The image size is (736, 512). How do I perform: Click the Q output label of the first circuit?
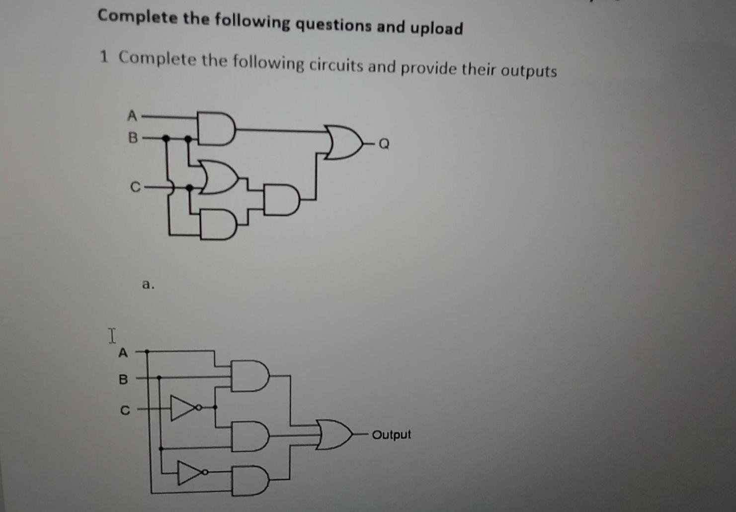[384, 144]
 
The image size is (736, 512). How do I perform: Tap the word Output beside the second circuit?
[392, 435]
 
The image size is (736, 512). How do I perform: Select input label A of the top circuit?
[132, 116]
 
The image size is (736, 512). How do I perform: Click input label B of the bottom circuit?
[123, 380]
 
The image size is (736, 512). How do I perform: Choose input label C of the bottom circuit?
[125, 411]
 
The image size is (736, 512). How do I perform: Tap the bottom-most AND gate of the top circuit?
[218, 225]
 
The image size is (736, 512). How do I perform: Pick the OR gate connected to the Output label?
[335, 434]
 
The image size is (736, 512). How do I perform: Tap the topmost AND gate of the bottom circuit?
[250, 376]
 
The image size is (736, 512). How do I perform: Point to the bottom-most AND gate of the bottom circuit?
[250, 481]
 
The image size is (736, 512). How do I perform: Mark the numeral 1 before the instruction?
[103, 57]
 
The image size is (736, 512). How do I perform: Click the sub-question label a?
[148, 285]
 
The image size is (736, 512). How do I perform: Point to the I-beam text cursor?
[112, 335]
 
